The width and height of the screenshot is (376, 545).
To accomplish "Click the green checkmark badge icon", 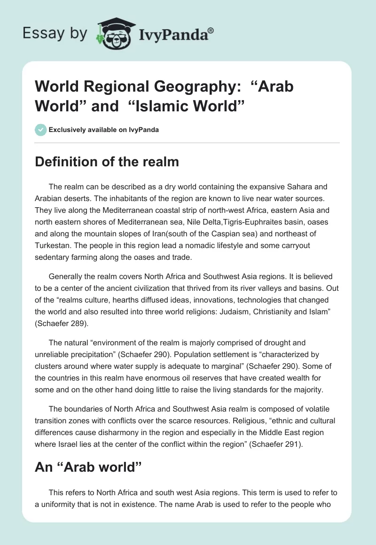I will tap(41, 130).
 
